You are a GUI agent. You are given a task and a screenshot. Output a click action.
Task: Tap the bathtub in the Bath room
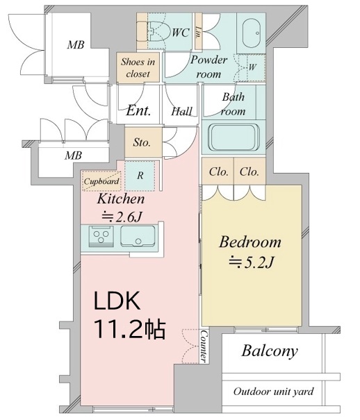coord(234,137)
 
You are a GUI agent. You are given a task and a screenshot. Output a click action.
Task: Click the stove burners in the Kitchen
coord(101,235)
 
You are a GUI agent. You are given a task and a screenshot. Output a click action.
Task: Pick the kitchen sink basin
coord(137,236)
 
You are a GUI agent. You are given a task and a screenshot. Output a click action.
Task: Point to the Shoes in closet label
coord(138,67)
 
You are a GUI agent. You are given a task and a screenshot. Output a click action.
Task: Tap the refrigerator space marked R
coord(140,176)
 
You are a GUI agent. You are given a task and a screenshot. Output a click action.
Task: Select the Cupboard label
coord(101,181)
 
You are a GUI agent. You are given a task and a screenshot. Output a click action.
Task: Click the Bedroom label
coord(250,242)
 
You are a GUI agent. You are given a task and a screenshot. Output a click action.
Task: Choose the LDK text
coord(117,301)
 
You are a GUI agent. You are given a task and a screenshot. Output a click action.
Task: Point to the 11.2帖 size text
coord(130,329)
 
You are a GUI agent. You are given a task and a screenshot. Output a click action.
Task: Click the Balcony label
coord(270,351)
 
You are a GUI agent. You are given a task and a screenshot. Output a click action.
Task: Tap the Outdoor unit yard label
coord(273,392)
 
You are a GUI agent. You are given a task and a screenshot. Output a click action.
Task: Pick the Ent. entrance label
coord(138,110)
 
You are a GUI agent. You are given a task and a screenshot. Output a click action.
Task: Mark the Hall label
coord(182,111)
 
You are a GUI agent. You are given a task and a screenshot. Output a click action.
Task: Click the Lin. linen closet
coord(198,31)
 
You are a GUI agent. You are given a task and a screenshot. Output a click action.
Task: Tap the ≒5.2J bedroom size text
coord(251,262)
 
